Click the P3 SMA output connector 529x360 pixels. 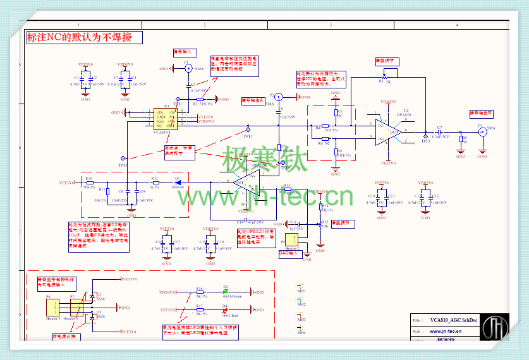coord(482,132)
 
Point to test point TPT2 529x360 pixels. coord(246,127)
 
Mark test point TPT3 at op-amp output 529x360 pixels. coord(425,135)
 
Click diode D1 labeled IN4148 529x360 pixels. coord(178,182)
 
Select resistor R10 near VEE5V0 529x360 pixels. coord(89,182)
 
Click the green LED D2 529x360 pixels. coord(224,292)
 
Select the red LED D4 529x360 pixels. coord(224,311)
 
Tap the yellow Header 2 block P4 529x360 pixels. coord(292,239)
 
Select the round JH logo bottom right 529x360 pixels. coord(496,329)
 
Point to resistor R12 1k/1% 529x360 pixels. coord(154,182)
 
